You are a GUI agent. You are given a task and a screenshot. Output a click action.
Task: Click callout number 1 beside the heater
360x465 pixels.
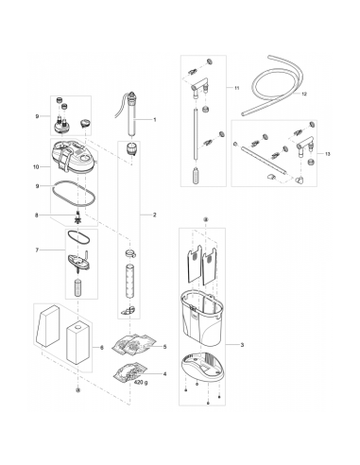(155, 120)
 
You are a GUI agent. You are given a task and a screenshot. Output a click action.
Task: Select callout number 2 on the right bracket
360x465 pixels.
(155, 215)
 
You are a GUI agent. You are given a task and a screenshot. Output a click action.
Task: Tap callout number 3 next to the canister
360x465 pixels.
(242, 345)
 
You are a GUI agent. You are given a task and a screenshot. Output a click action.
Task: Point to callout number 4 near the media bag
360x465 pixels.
(164, 374)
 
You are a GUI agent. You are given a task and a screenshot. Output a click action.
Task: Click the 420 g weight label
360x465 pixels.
(141, 382)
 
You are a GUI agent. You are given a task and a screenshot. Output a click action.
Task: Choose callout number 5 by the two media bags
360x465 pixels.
(164, 347)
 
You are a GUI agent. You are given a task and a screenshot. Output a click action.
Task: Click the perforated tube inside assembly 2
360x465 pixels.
(129, 282)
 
